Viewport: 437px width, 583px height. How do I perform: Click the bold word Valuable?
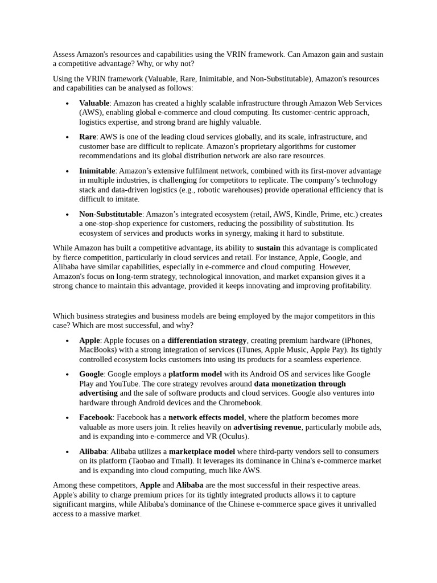pyautogui.click(x=94, y=103)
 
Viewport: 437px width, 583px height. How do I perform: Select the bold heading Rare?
pyautogui.click(x=88, y=137)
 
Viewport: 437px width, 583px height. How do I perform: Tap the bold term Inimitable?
pyautogui.click(x=97, y=171)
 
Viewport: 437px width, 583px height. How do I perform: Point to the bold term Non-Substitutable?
pyautogui.click(x=110, y=214)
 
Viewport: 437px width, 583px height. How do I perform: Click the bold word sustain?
pyautogui.click(x=268, y=248)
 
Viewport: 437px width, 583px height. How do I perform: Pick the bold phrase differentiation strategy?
pyautogui.click(x=207, y=340)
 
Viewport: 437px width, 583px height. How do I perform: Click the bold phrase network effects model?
pyautogui.click(x=207, y=417)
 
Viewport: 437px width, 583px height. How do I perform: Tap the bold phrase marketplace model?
pyautogui.click(x=202, y=451)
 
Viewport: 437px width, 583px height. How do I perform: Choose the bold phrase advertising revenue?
pyautogui.click(x=267, y=427)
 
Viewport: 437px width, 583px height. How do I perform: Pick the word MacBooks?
pyautogui.click(x=98, y=350)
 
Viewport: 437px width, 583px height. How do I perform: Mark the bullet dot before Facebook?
pyautogui.click(x=67, y=418)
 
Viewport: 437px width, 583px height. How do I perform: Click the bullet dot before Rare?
pyautogui.click(x=67, y=138)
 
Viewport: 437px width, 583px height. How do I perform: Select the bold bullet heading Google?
pyautogui.click(x=91, y=374)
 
